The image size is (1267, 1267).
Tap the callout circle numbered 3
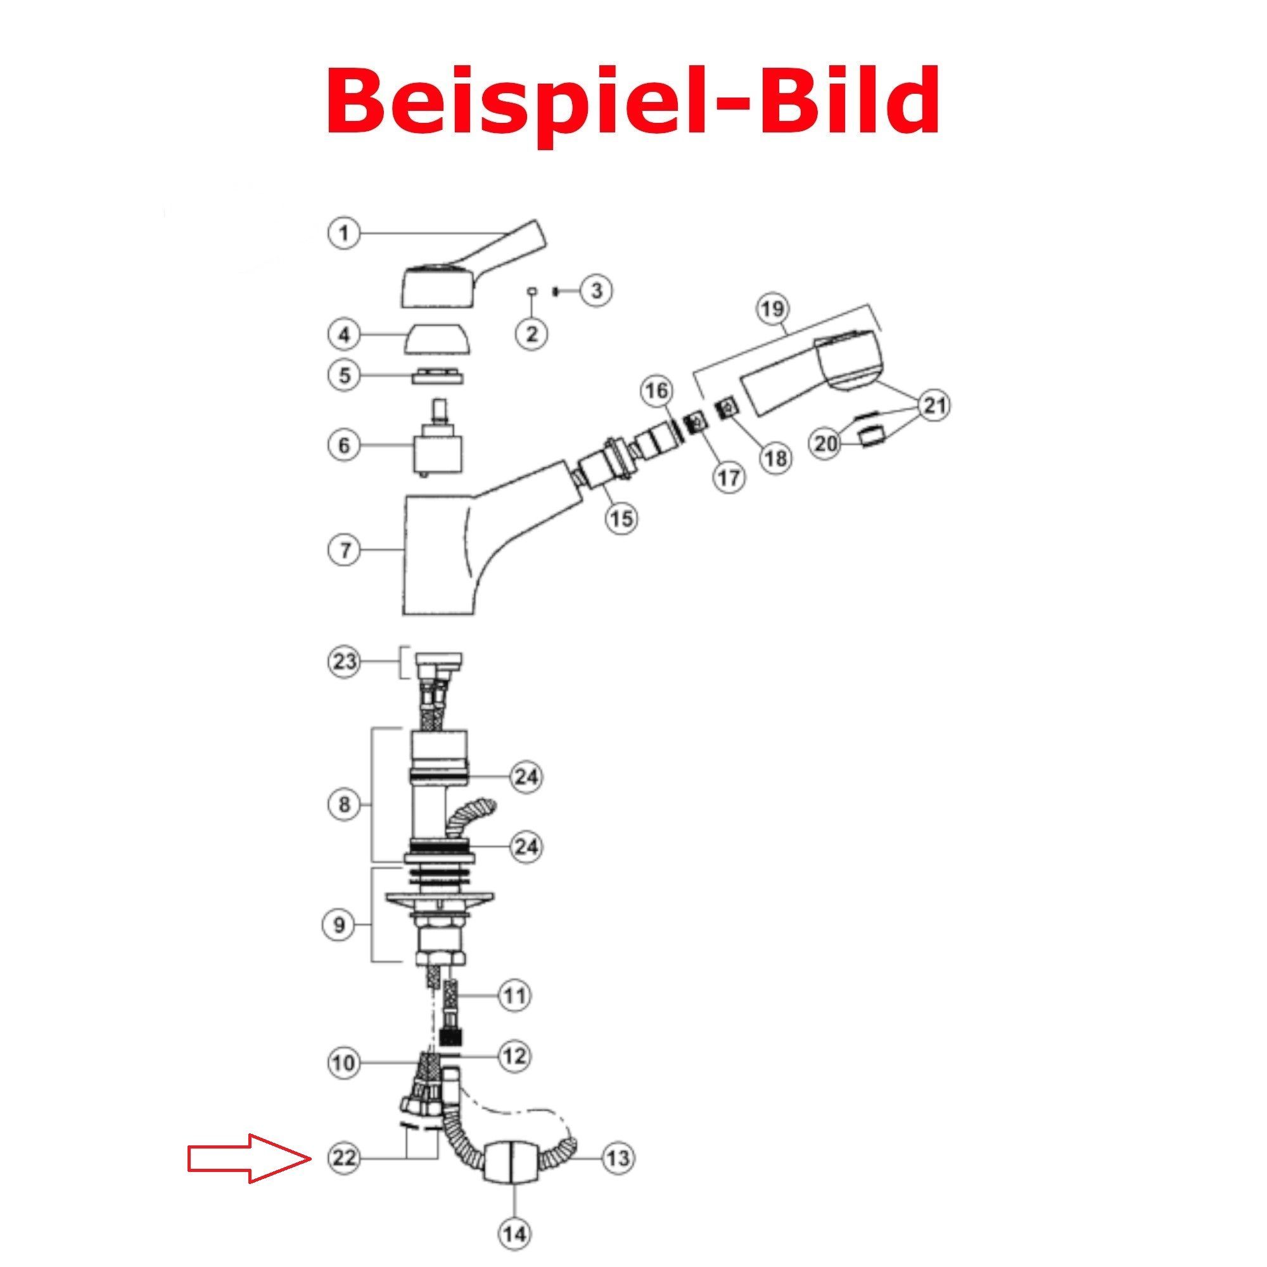click(596, 291)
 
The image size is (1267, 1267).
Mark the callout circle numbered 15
click(621, 518)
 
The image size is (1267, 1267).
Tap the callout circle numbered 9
click(339, 926)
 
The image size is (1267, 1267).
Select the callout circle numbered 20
click(826, 445)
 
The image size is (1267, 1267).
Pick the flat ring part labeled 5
click(437, 376)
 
